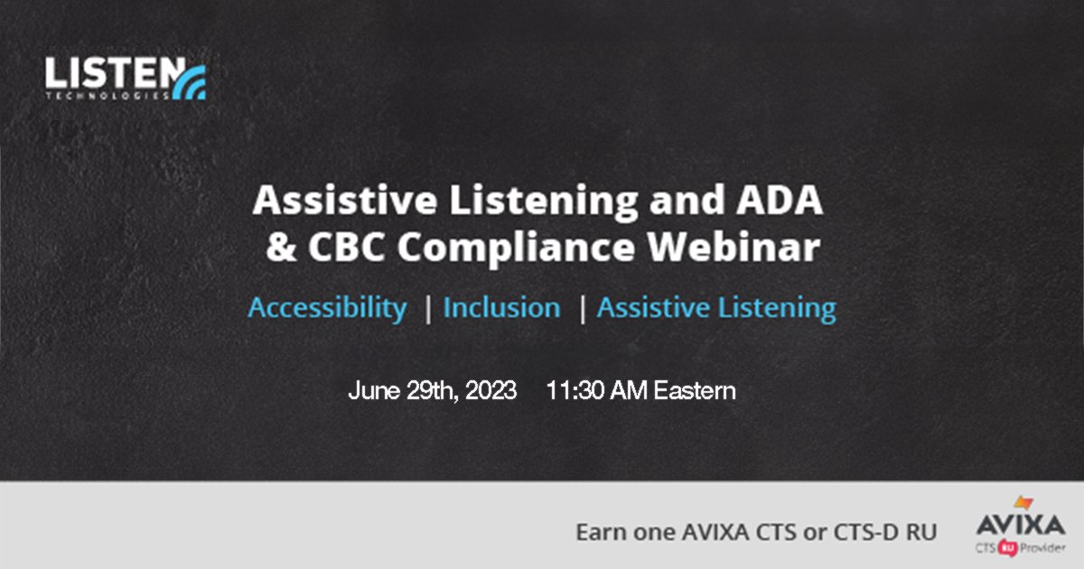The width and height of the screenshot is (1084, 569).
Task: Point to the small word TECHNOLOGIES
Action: (x=107, y=93)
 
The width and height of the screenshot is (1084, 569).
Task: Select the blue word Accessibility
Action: (x=328, y=308)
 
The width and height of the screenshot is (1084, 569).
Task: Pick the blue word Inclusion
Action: (x=501, y=308)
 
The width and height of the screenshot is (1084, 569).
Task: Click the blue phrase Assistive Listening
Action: (x=716, y=308)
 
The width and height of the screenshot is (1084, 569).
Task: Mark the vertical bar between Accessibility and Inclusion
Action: (x=427, y=309)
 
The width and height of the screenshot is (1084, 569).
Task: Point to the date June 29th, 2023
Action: (x=433, y=391)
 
